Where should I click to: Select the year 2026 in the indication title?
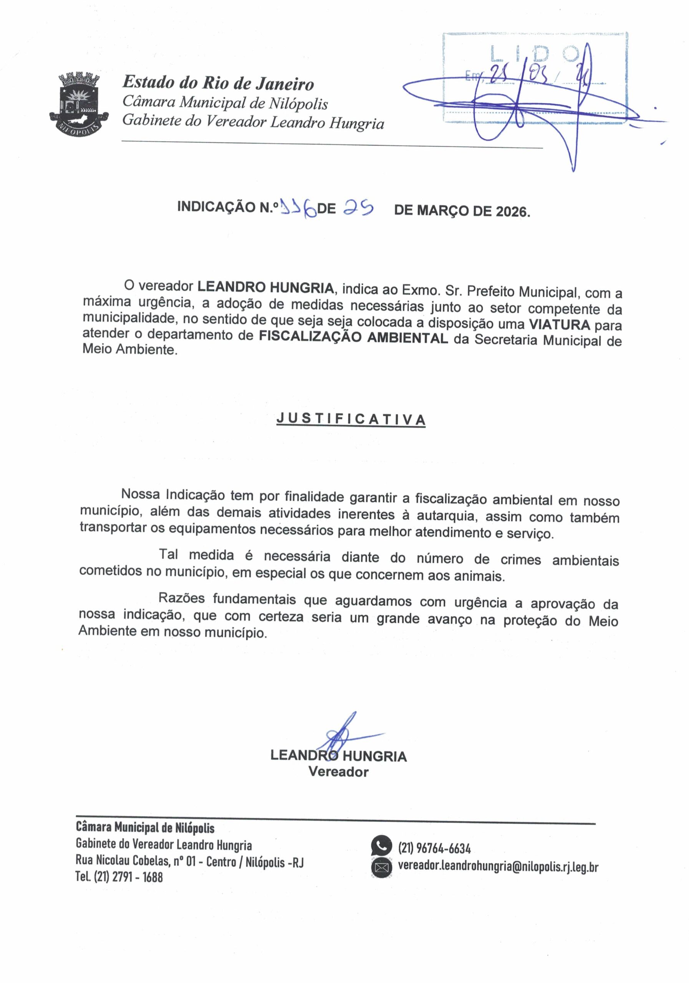[x=512, y=211]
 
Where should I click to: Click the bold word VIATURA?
[x=559, y=324]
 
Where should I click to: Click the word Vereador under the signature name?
[x=338, y=772]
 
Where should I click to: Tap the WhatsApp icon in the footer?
[x=381, y=845]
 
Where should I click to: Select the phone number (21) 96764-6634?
[x=434, y=848]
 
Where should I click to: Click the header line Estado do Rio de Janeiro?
[x=219, y=83]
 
